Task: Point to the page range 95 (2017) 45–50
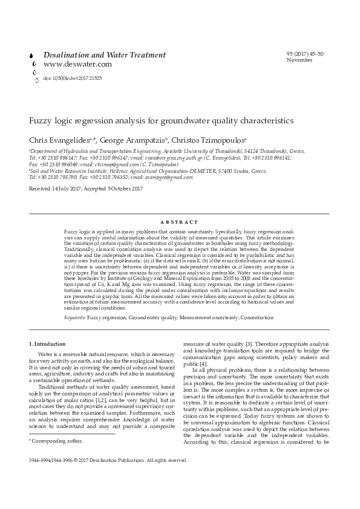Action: click(305, 54)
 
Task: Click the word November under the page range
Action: click(299, 60)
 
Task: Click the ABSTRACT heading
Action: click(179, 222)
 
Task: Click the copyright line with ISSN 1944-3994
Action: click(108, 459)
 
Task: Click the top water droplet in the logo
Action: click(31, 56)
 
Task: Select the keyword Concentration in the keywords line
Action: click(252, 317)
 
